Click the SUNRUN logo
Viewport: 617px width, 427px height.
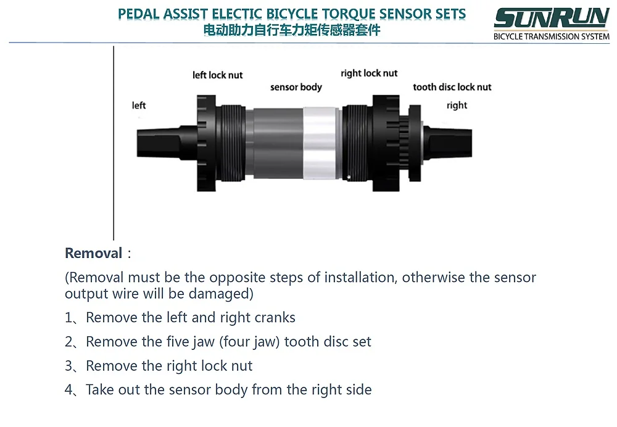[551, 18]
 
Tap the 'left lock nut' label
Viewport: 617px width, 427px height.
[217, 75]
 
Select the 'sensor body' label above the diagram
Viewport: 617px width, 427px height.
[296, 87]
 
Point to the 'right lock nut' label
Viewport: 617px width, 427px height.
[369, 73]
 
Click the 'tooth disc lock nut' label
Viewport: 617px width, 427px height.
[452, 87]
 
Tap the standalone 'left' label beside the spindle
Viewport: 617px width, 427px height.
[139, 106]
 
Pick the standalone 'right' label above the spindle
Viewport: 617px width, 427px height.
[457, 106]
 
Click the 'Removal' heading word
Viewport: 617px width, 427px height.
[94, 253]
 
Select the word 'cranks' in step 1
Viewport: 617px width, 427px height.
[274, 318]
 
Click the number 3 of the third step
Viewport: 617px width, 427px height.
[68, 366]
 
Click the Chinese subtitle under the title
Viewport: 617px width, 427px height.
[292, 30]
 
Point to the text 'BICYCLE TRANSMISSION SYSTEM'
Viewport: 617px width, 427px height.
[551, 36]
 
